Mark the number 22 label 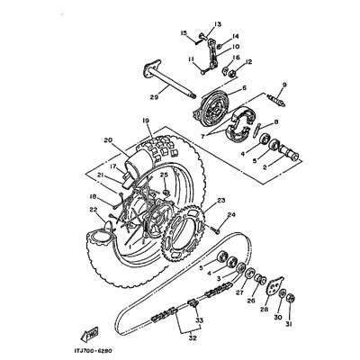(94, 211)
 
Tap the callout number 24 (231, 215)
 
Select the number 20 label (108, 140)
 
